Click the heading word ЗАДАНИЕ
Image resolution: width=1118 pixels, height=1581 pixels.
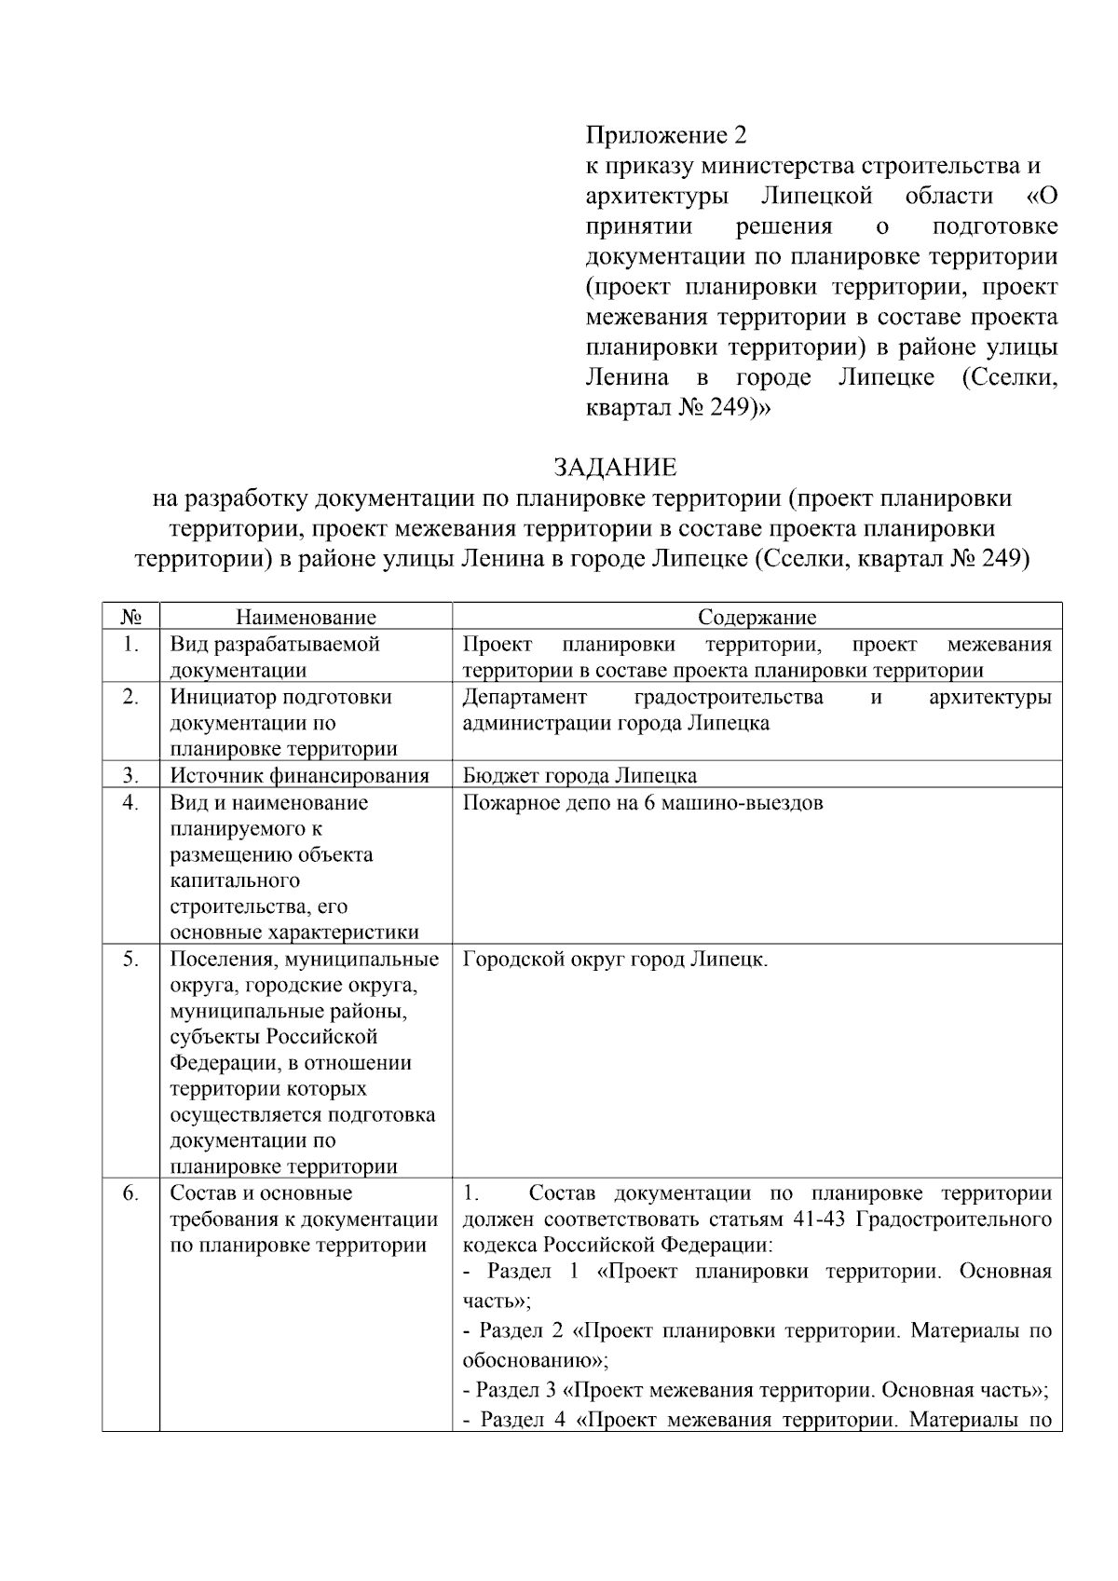[615, 467]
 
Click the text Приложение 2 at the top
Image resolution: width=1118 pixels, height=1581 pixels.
[666, 136]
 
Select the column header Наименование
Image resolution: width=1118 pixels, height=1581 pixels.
[306, 617]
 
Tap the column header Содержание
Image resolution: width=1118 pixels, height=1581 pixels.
[757, 617]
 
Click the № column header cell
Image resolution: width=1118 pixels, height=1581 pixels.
[130, 617]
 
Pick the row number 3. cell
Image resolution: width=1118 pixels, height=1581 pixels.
[130, 775]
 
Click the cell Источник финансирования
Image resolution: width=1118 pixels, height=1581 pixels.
[299, 775]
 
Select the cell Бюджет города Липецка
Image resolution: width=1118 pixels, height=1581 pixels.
[579, 775]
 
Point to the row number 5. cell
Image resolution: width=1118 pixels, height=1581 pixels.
[130, 959]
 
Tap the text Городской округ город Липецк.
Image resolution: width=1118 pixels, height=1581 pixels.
[615, 959]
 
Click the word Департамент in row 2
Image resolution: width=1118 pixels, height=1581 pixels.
[525, 697]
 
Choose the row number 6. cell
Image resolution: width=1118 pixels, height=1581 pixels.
[130, 1193]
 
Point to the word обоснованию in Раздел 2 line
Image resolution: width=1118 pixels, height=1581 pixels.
[532, 1358]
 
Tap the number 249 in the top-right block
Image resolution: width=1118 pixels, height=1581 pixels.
[729, 408]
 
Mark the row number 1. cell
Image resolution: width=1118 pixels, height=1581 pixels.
[130, 645]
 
